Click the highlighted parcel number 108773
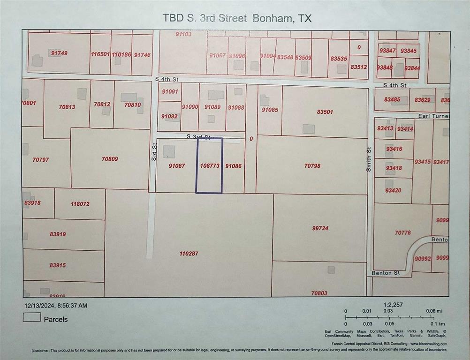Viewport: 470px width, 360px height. click(x=209, y=166)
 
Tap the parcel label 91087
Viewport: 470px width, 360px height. click(x=176, y=166)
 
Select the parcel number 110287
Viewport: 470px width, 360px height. click(x=189, y=254)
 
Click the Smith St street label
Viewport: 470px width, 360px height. click(x=369, y=159)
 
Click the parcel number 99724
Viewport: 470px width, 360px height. click(x=320, y=228)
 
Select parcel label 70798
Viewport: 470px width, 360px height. click(x=312, y=165)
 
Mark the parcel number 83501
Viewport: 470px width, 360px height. click(x=325, y=112)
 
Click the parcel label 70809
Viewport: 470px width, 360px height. click(x=110, y=159)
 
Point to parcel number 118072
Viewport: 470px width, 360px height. click(x=80, y=204)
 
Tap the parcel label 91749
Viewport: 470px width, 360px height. click(x=59, y=53)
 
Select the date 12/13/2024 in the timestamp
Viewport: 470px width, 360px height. click(x=39, y=306)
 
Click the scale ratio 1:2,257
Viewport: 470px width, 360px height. click(x=393, y=305)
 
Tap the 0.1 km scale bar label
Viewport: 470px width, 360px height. click(x=438, y=323)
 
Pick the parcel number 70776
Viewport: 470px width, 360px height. click(x=402, y=232)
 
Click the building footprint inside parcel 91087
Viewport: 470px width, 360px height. click(x=169, y=151)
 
